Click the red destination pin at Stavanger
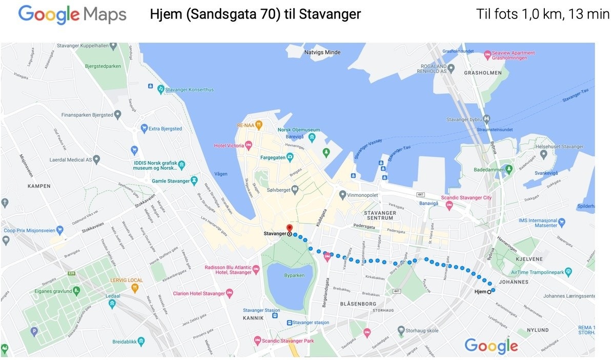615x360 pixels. click(289, 228)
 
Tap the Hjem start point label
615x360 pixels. click(480, 291)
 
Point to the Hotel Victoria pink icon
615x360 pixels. click(249, 146)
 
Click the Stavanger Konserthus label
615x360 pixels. click(189, 90)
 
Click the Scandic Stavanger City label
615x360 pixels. click(466, 197)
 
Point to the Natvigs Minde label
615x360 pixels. click(322, 52)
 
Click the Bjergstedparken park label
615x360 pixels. click(103, 66)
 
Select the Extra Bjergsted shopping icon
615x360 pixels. click(145, 129)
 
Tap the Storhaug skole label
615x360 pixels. click(422, 331)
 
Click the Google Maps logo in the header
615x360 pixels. click(72, 14)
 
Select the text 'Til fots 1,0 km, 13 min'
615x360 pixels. click(542, 14)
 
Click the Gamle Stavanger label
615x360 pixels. click(171, 181)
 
